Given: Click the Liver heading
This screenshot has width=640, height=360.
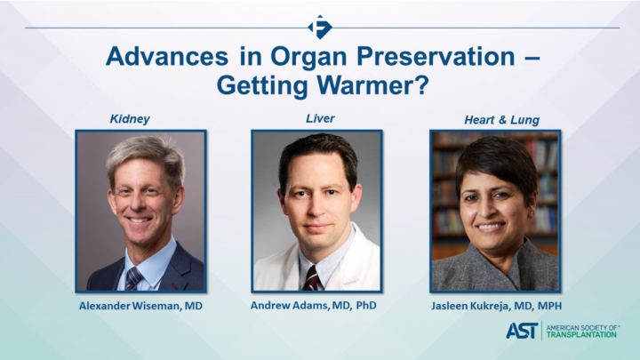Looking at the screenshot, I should [x=319, y=118].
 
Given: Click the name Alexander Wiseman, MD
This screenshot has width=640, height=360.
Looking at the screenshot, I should [x=140, y=307].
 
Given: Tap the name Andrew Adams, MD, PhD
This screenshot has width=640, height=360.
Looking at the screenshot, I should [x=318, y=307].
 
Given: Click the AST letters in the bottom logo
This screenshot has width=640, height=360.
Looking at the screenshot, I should [x=521, y=331].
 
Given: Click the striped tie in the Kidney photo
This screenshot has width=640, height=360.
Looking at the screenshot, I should [x=133, y=278].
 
